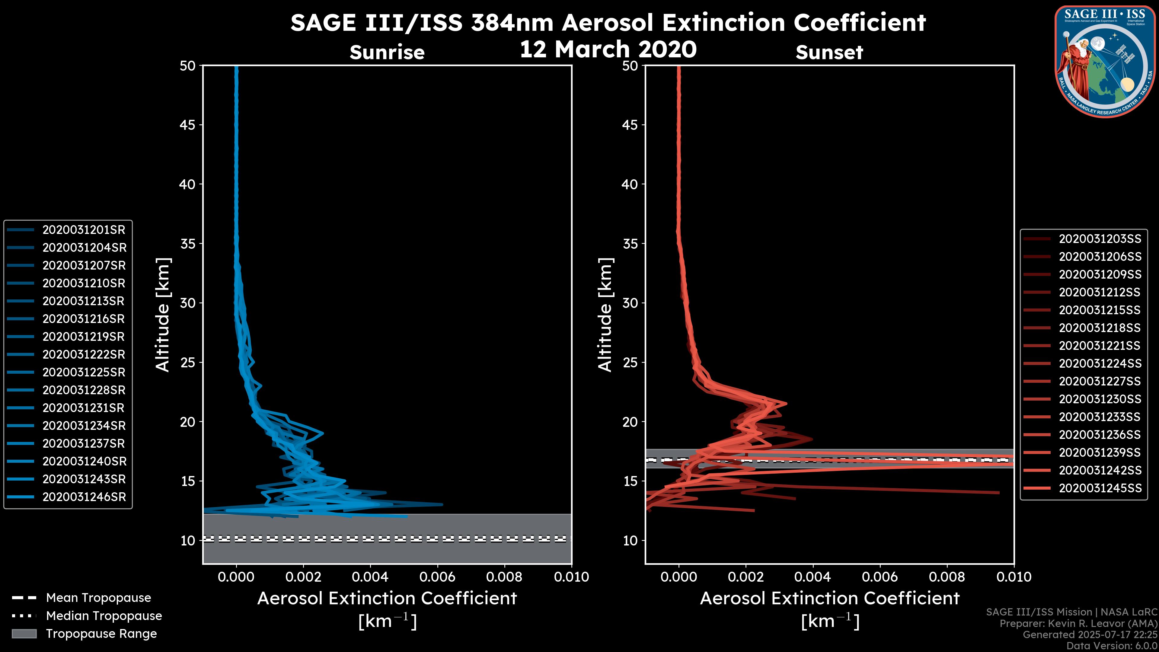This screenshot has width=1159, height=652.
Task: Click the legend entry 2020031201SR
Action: pyautogui.click(x=84, y=230)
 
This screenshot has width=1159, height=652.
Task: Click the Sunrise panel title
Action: pyautogui.click(x=387, y=53)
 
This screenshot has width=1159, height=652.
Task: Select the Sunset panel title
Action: pyautogui.click(x=829, y=53)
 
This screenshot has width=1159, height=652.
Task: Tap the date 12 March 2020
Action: pyautogui.click(x=608, y=49)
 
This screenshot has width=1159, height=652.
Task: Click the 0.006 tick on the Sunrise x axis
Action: pyautogui.click(x=437, y=577)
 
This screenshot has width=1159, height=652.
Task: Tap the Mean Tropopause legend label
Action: pyautogui.click(x=98, y=598)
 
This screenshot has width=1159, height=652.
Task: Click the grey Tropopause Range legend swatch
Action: pyautogui.click(x=24, y=634)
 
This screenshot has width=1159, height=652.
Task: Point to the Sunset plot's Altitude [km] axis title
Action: pyautogui.click(x=605, y=315)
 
